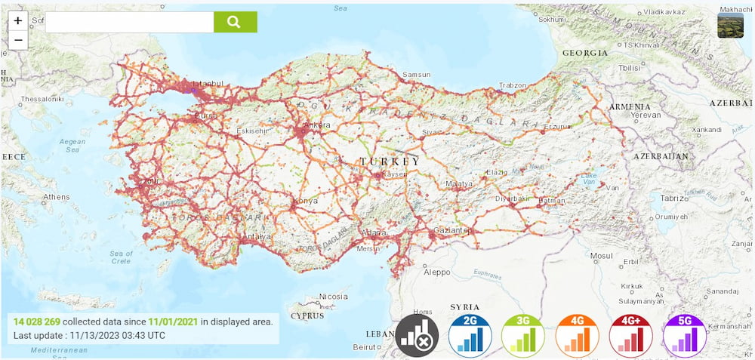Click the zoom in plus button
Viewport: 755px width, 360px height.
tap(18, 21)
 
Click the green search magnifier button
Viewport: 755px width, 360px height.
tap(235, 22)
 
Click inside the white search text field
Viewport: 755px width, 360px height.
tap(128, 22)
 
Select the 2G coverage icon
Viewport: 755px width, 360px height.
tap(470, 334)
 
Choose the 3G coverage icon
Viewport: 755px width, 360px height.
tap(523, 334)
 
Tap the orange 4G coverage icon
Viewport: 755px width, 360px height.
tap(577, 334)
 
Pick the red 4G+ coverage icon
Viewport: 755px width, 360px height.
tap(630, 334)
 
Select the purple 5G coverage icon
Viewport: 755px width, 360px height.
tap(684, 334)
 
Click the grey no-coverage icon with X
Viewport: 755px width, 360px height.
tap(417, 334)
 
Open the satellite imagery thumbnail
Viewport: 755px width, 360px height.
tap(730, 25)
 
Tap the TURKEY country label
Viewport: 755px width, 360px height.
tap(390, 162)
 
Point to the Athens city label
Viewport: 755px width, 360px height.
tap(57, 197)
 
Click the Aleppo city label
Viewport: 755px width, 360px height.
tap(436, 272)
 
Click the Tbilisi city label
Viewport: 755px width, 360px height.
tap(608, 67)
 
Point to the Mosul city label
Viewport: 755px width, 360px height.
tap(602, 256)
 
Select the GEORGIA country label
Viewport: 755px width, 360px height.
tap(584, 53)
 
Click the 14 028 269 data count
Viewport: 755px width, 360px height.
tap(36, 322)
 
